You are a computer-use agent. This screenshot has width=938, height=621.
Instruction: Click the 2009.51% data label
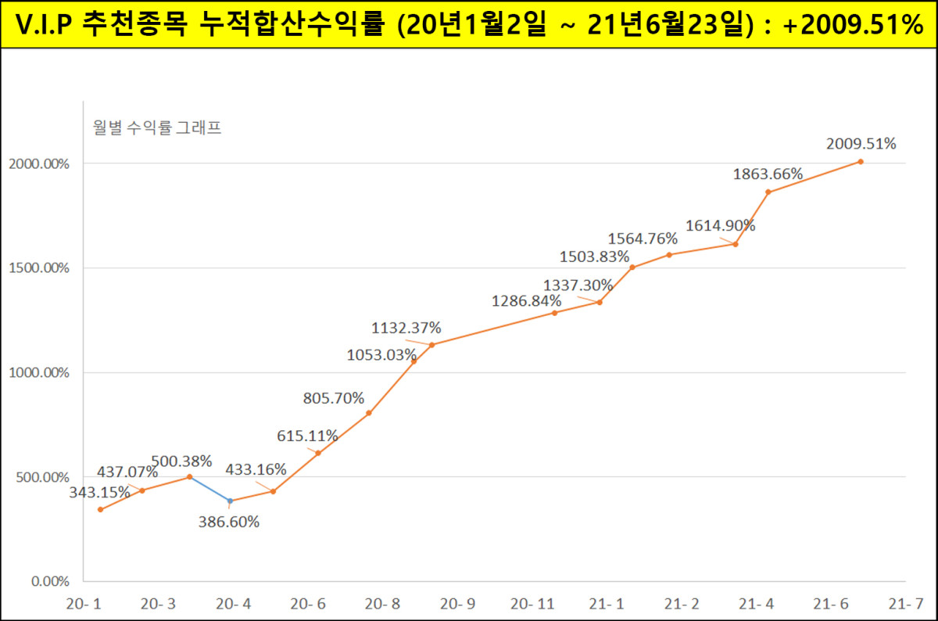coord(861,143)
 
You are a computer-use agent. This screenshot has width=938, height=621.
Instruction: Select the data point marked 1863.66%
coord(768,192)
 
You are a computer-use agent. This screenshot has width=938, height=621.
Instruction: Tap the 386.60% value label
coord(229,522)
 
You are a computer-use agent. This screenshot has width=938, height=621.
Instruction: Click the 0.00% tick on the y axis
coord(50,581)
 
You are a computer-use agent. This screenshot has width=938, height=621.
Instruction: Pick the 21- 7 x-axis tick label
coord(905,604)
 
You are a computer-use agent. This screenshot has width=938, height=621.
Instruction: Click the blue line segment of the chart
coord(209,489)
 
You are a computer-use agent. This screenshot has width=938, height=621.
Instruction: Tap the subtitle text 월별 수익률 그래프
coord(156,127)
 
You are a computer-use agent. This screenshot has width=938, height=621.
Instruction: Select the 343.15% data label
coord(100,493)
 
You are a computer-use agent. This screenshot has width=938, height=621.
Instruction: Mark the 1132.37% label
coord(406,327)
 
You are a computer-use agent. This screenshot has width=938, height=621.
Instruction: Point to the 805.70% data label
coord(334,397)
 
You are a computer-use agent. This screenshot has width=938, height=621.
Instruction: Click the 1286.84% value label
coord(526,300)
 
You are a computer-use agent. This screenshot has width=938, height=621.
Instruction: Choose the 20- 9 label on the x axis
coord(457,604)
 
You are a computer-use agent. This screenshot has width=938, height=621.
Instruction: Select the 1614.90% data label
coord(720,225)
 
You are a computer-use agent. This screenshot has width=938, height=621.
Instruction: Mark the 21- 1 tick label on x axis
coord(607,604)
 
